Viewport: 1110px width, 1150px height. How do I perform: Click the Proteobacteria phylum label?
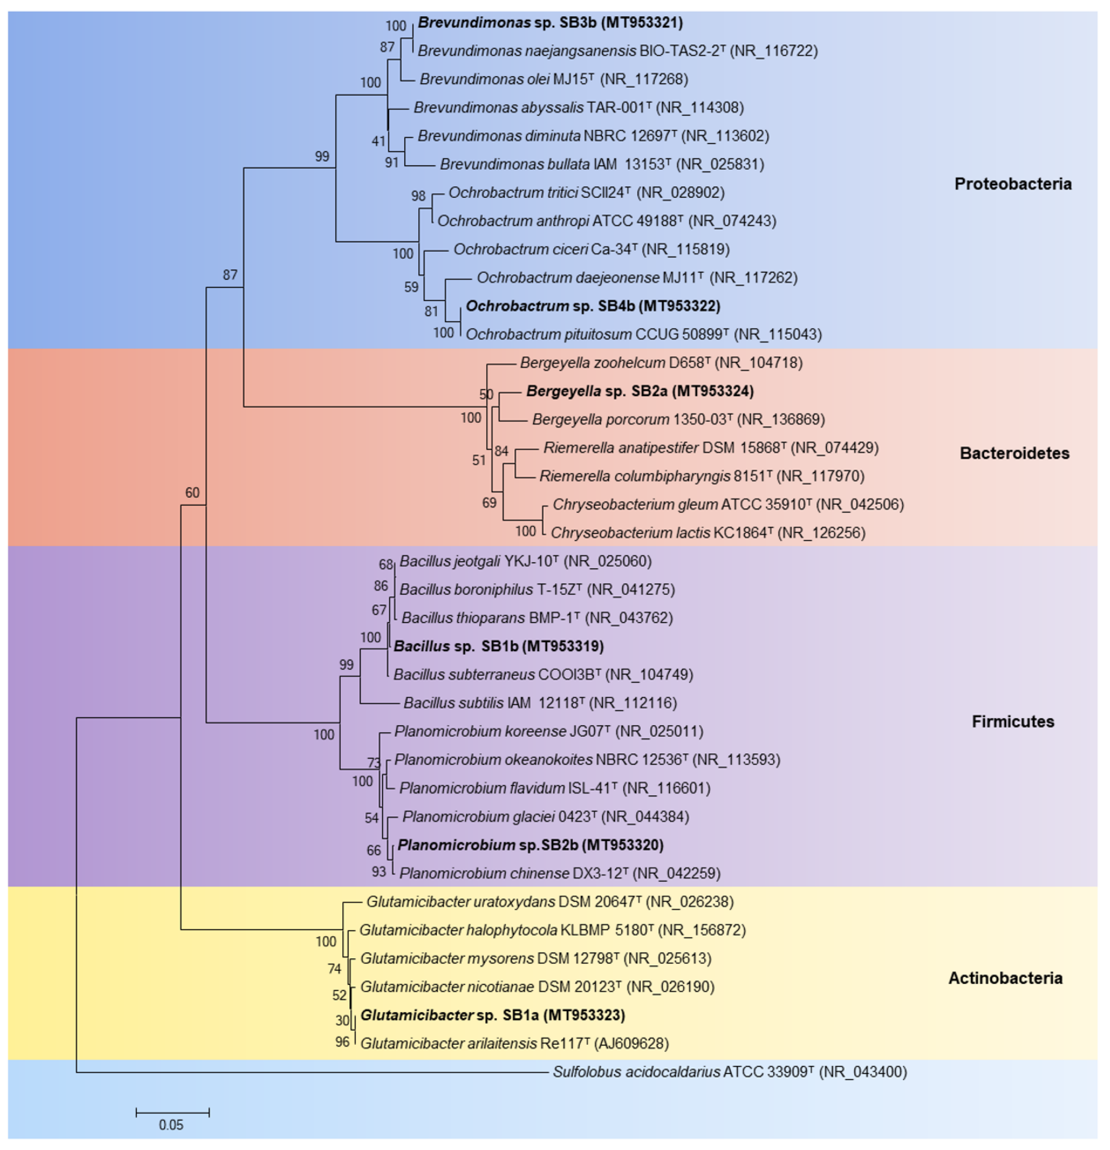coord(1013,184)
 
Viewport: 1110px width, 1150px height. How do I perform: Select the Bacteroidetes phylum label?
coord(1015,453)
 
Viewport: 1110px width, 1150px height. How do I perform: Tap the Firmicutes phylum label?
coord(1013,722)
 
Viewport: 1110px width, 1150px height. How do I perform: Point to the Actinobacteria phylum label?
coord(1005,978)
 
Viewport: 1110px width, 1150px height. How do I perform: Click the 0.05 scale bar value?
coord(171,1125)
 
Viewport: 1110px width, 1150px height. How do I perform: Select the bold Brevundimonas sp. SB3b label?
coord(550,23)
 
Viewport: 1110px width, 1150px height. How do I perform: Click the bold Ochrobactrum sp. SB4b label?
coord(593,306)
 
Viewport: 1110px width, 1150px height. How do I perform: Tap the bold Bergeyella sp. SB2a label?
coord(640,391)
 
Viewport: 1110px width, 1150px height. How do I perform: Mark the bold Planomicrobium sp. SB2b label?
coord(530,845)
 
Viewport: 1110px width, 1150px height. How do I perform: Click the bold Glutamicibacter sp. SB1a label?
coord(492,1015)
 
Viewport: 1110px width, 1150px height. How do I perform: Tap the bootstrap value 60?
coord(193,493)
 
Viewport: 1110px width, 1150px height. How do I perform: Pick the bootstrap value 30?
coord(343,1021)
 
